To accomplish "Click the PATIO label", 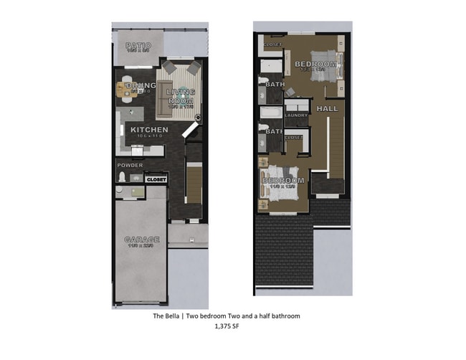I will pos(139,46).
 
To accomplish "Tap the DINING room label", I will pos(141,86).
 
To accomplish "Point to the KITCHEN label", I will pos(149,130).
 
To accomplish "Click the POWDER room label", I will pos(130,166).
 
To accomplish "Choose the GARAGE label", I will pos(141,240).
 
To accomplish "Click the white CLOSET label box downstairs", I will pos(156,179).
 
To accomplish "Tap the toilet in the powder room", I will pos(122,177).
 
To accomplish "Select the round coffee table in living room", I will pos(182,92).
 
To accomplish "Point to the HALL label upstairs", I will pos(327,108).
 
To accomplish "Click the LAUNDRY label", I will pos(296,115).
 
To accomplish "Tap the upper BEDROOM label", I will pos(315,65).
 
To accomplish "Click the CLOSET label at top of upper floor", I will pos(273,45).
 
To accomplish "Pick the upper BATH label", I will pos(275,84).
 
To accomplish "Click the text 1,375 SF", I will pos(229,326).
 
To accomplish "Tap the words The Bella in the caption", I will pos(167,316).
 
